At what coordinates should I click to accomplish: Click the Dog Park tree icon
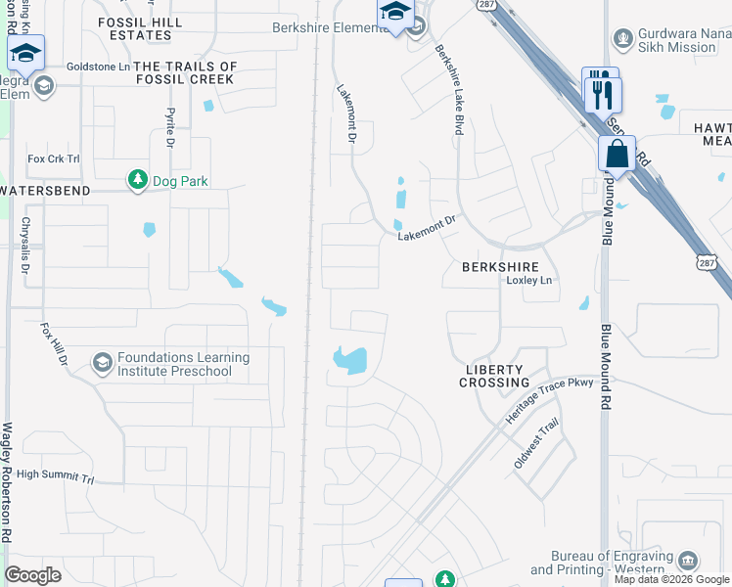[137, 180]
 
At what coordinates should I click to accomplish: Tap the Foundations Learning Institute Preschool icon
[102, 364]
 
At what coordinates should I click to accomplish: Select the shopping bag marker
[617, 155]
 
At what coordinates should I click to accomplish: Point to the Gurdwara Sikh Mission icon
[620, 39]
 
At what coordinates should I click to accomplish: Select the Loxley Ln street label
[528, 281]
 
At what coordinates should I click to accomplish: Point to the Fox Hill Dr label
[53, 345]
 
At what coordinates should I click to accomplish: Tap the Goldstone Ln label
[96, 67]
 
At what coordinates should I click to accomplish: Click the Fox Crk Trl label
[53, 158]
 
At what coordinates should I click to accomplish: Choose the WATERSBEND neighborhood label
[46, 190]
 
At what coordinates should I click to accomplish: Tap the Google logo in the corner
[33, 575]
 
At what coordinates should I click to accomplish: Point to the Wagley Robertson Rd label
[9, 483]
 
